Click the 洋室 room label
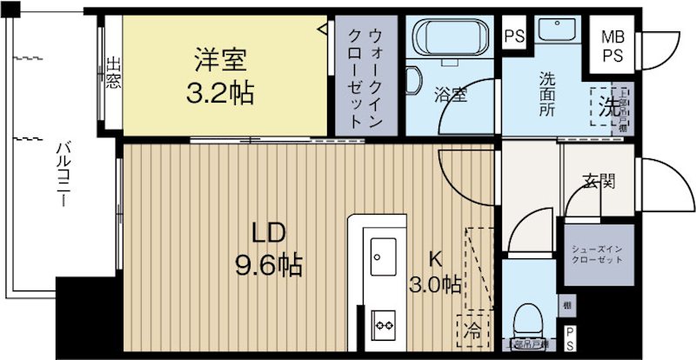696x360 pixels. click(x=219, y=61)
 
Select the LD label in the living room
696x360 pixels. click(x=270, y=233)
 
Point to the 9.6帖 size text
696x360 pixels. click(x=268, y=264)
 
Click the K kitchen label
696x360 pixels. click(x=436, y=258)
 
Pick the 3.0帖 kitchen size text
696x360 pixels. click(x=435, y=283)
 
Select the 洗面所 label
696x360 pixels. click(x=545, y=93)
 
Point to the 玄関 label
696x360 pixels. click(x=599, y=182)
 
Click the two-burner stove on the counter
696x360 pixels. click(x=383, y=324)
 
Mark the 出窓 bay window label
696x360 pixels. click(x=113, y=75)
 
